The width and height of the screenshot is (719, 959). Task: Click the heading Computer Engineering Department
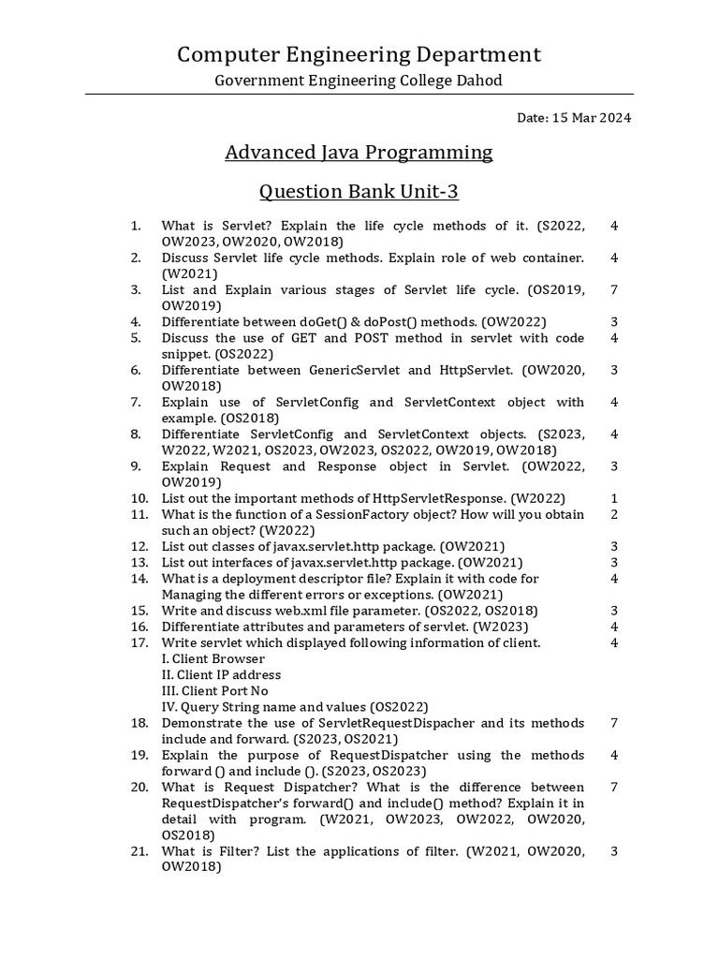point(359,54)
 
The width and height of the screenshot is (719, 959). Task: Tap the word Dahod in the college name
point(478,81)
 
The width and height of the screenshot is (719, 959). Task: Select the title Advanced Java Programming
point(359,152)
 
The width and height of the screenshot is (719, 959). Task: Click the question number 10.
point(139,498)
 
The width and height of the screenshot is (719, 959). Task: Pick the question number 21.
point(139,851)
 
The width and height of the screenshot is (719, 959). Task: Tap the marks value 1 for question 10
point(614,498)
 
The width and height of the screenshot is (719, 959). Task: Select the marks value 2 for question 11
point(614,514)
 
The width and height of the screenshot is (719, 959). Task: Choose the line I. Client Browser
point(213,658)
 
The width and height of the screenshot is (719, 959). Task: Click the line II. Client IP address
point(221,674)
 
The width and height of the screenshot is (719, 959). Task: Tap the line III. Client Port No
point(214,690)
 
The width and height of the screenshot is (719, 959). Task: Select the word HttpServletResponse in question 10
point(439,498)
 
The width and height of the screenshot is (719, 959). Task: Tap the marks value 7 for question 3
point(614,289)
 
